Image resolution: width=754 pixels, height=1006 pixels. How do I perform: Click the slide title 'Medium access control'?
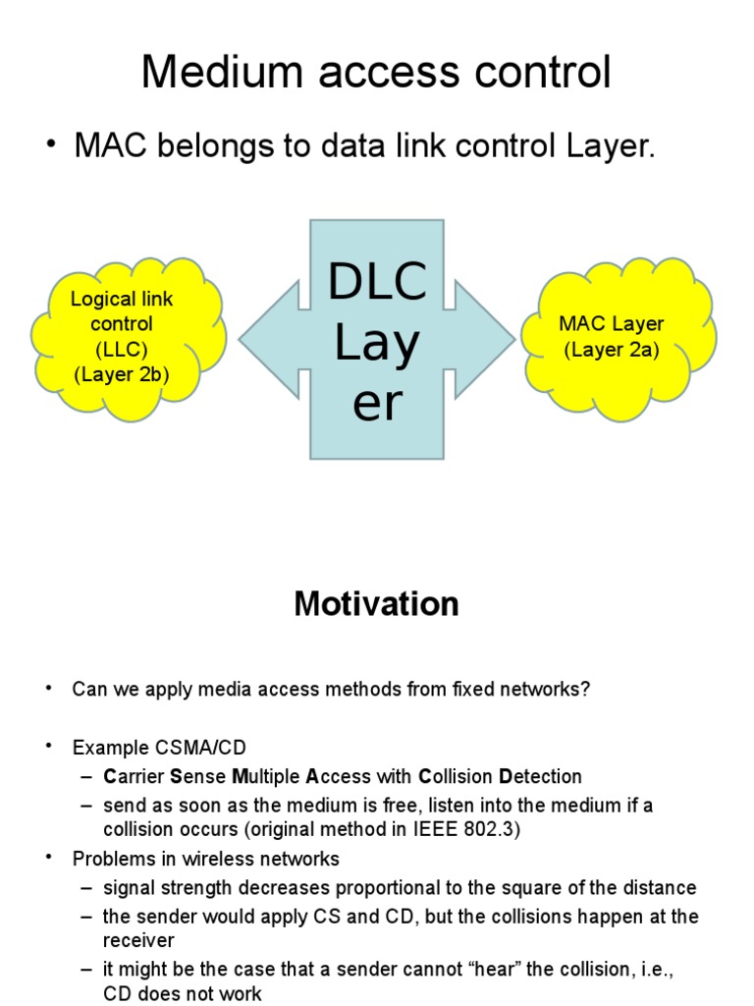point(376,72)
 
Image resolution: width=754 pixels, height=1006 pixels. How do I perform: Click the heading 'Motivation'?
point(376,604)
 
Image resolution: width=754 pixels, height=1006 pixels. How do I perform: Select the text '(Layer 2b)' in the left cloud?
point(122,373)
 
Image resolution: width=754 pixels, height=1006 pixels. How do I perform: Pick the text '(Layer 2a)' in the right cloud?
point(611,350)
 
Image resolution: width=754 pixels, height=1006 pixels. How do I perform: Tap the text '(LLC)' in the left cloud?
point(122,349)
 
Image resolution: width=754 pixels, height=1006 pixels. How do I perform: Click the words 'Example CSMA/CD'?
point(159,748)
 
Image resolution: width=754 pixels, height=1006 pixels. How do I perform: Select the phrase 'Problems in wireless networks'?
point(206,859)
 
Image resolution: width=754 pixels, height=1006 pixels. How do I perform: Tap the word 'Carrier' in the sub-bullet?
point(134,776)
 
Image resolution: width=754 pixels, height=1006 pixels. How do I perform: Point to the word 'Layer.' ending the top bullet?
point(610,147)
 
